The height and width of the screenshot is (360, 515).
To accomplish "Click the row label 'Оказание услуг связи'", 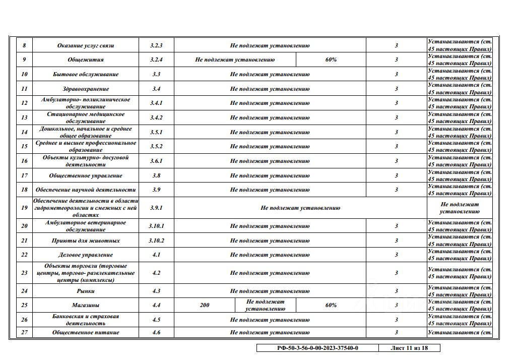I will (x=86, y=45).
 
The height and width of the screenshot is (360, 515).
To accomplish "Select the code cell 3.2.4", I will (x=156, y=59).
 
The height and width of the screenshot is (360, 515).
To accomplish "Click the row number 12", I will (x=24, y=103).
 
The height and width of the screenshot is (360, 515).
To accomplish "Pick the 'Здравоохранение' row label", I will (x=86, y=89).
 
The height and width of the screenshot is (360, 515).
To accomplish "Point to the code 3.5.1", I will (x=156, y=132).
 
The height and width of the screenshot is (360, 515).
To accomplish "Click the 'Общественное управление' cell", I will (x=86, y=175).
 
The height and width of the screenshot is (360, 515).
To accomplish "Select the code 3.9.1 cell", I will (x=156, y=207).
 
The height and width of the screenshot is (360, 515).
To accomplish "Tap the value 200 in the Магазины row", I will (x=205, y=305).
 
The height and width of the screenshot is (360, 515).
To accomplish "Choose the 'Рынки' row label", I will (x=86, y=291).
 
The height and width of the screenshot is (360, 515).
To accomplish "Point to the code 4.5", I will (x=156, y=320).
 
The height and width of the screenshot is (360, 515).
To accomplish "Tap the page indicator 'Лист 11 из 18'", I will (x=409, y=348).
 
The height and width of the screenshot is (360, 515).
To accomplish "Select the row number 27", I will (x=24, y=332).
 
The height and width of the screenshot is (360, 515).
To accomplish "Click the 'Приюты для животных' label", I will (x=86, y=241).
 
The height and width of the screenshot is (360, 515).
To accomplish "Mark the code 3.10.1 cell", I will (x=156, y=226).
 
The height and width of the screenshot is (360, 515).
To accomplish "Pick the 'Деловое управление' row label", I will (x=86, y=255).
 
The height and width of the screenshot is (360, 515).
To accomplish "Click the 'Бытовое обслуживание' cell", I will (x=86, y=74).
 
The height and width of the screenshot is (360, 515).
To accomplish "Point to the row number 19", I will (x=24, y=207).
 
